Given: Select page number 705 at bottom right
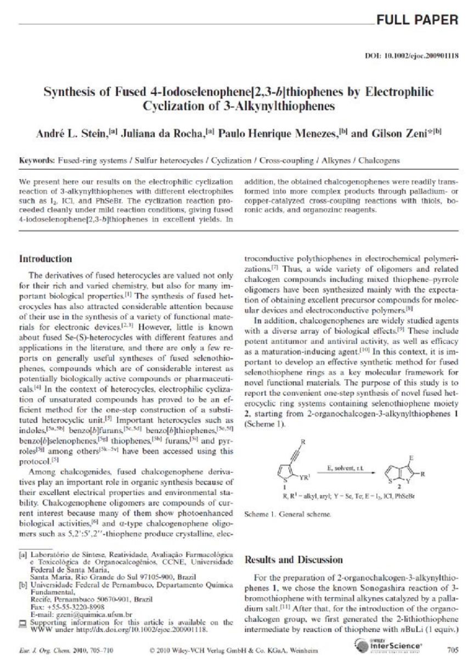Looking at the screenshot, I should pos(452,649).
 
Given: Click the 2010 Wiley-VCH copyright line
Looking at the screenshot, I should pos(233,650).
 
